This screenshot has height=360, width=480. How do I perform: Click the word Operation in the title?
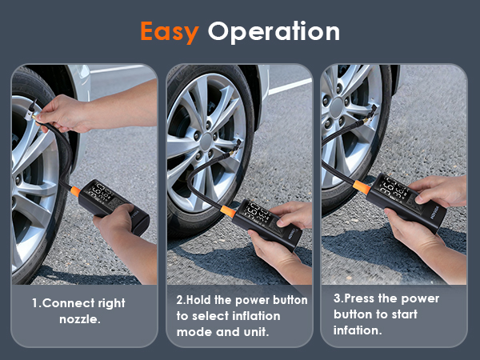click(x=274, y=32)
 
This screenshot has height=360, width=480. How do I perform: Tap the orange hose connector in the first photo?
click(x=70, y=190)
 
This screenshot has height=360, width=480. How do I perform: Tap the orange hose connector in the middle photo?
click(x=228, y=211)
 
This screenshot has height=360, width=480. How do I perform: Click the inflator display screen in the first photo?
click(x=106, y=193)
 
